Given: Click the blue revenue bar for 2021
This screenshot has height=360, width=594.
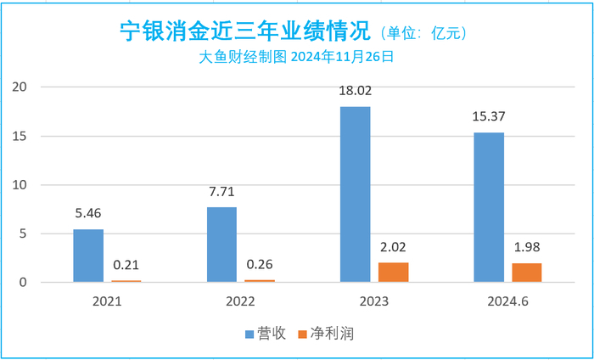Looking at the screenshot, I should [88, 256].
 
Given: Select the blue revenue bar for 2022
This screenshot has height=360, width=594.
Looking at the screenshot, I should [221, 245].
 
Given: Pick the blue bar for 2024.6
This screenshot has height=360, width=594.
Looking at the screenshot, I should [488, 207].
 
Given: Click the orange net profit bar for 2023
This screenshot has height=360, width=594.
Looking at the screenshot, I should [393, 272].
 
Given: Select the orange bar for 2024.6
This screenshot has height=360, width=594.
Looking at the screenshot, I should [526, 273].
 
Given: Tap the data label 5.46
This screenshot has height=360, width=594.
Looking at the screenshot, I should [88, 214].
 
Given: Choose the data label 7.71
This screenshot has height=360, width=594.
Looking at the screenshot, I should [221, 192].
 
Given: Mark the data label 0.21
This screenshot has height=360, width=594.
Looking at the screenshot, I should [126, 265].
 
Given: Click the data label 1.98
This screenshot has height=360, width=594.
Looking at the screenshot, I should [526, 248].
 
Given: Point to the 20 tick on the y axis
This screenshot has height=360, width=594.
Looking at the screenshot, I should [23, 87].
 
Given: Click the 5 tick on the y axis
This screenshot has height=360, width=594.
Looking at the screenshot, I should [25, 233].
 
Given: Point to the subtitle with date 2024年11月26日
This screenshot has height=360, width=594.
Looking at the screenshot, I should [297, 58].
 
